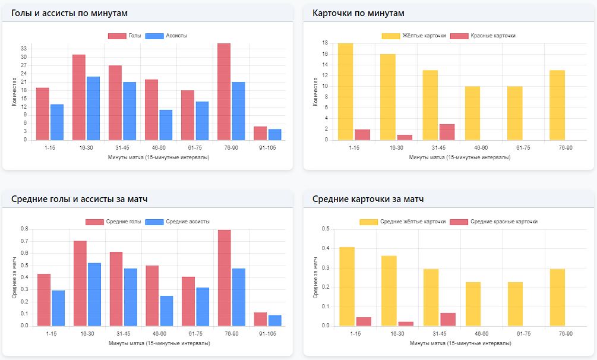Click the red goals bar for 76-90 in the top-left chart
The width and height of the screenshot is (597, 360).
(224, 92)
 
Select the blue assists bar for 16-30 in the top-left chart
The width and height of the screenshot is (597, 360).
(93, 108)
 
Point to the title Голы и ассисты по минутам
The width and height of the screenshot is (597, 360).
(70, 12)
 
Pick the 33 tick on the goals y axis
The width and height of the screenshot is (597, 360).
(24, 48)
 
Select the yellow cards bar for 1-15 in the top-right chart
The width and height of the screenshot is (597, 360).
(346, 92)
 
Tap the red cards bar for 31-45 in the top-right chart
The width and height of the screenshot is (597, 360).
(447, 132)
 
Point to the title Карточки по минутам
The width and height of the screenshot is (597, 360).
(358, 12)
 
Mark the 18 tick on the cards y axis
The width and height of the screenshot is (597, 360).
(325, 43)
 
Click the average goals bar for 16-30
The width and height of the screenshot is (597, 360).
(80, 283)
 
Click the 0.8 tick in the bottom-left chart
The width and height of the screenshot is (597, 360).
(24, 229)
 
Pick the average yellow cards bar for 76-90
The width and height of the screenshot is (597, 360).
(557, 298)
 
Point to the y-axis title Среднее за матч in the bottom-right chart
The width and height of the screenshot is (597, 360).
(316, 277)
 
